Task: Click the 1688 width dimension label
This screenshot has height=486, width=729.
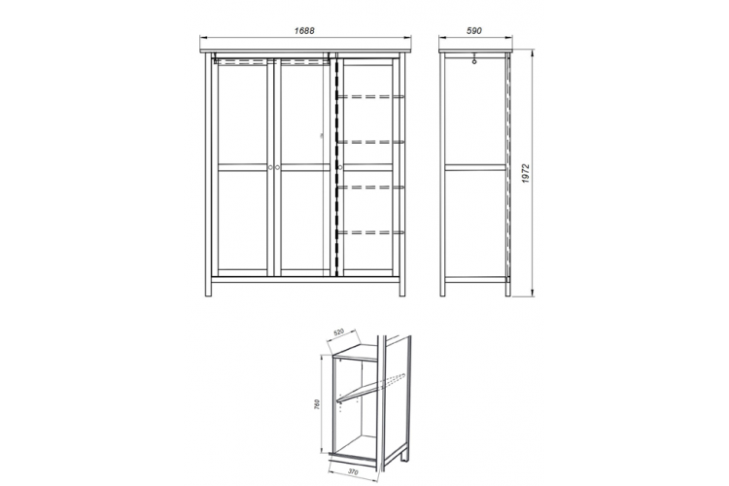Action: [304, 31]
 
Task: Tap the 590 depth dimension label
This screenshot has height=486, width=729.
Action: [473, 31]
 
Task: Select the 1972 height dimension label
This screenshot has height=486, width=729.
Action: [526, 173]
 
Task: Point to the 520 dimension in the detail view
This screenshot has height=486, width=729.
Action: [338, 332]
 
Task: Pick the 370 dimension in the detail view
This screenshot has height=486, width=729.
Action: [353, 471]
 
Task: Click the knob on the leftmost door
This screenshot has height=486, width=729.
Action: [270, 167]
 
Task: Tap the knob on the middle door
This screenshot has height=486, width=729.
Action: [278, 167]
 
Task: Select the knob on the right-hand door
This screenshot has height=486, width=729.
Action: [340, 167]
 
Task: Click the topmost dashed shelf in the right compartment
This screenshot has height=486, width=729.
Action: [370, 97]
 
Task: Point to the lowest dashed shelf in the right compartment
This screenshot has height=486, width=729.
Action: [370, 232]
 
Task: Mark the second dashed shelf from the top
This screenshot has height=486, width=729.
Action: [370, 142]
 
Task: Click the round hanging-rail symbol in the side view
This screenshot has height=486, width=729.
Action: [474, 61]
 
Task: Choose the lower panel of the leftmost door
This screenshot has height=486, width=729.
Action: [242, 220]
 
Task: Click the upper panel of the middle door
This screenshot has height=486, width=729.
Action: [302, 115]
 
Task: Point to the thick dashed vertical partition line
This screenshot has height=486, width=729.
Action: [335, 167]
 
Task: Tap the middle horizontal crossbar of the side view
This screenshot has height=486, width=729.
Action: [475, 167]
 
